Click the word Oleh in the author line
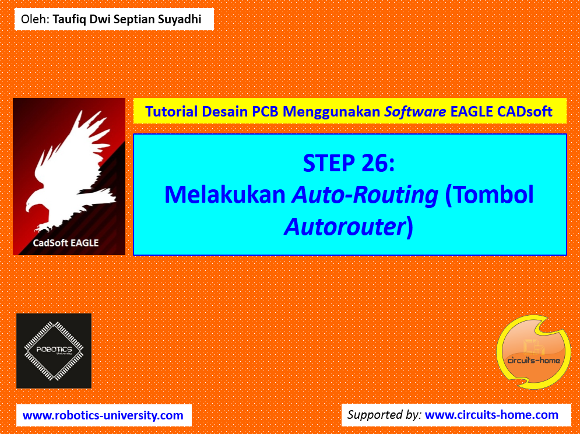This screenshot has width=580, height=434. tap(34, 19)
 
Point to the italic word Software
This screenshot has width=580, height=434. tap(415, 111)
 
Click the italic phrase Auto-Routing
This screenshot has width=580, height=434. tap(365, 195)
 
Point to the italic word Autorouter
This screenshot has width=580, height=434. tap(344, 226)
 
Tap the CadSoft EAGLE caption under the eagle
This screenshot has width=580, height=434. tap(65, 242)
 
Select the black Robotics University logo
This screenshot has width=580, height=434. tap(54, 351)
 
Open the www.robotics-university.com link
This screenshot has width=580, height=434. tap(103, 415)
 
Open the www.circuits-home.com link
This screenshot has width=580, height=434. tap(491, 415)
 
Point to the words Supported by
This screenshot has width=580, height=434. tap(384, 415)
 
